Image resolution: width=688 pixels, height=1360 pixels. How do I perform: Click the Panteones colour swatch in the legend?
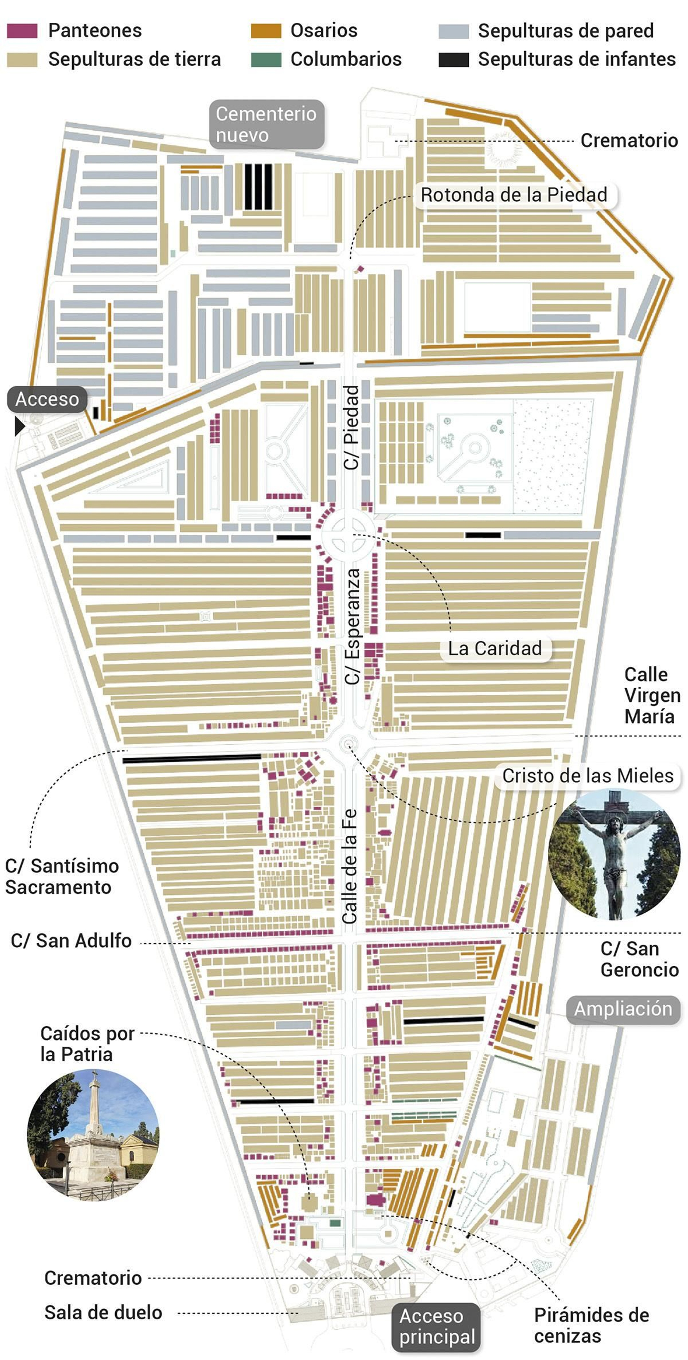[x=22, y=31]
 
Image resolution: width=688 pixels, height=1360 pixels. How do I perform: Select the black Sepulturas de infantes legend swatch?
[x=453, y=60]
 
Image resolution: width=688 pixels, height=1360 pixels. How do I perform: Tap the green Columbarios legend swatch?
[x=266, y=60]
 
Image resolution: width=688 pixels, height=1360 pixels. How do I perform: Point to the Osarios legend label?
[x=324, y=31]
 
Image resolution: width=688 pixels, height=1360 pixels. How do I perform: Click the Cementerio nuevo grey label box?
[x=266, y=125]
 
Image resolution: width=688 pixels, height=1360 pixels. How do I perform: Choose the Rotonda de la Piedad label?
[x=513, y=195]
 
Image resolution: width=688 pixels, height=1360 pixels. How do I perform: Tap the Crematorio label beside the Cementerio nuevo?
[x=629, y=141]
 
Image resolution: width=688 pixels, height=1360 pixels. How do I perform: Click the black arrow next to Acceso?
[x=19, y=426]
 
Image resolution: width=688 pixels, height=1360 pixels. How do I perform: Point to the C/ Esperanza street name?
[x=353, y=626]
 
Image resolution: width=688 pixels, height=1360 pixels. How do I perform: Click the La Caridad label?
[x=495, y=648]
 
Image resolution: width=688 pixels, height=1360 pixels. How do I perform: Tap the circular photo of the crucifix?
[x=614, y=855]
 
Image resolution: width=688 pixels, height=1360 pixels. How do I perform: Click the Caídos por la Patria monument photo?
[x=93, y=1135]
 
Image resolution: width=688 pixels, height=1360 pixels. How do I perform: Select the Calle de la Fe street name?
[x=350, y=866]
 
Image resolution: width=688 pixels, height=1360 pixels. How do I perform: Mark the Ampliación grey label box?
[x=623, y=1008]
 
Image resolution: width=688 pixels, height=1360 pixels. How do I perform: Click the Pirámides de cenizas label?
[x=591, y=1325]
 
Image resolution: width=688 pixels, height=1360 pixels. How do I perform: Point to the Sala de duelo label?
[x=103, y=1312]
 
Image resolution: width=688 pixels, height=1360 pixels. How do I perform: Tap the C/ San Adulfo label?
[x=71, y=941]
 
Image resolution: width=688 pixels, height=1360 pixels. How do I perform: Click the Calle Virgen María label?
[x=651, y=695]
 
